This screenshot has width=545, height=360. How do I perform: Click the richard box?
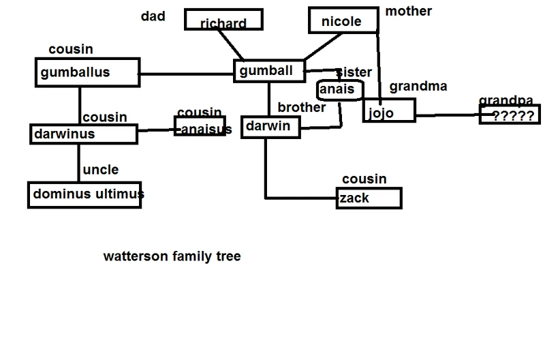223,20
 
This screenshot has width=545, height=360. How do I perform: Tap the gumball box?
268,71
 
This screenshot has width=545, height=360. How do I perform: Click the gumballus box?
87,72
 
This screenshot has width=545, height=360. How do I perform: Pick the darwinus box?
83,134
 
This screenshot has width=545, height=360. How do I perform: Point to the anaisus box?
200,126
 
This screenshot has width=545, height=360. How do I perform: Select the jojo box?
388,110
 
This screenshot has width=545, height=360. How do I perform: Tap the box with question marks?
508,115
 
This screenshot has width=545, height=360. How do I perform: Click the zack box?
369,198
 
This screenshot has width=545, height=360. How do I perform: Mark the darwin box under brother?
266,126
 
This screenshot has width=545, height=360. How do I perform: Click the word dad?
153,16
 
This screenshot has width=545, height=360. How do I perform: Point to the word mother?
409,11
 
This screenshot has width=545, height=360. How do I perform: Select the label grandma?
418,87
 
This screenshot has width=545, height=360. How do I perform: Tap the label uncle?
100,170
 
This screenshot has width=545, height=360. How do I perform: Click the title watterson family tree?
172,257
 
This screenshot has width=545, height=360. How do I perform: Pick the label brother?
300,108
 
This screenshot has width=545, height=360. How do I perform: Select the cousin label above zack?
364,179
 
